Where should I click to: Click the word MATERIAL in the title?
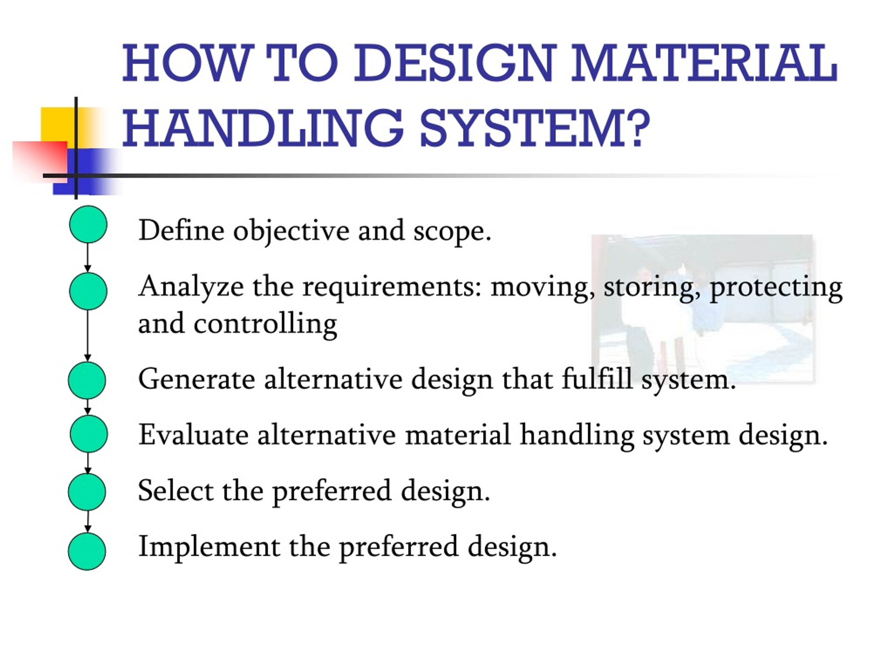pyautogui.click(x=705, y=63)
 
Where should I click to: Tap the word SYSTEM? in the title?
pyautogui.click(x=534, y=128)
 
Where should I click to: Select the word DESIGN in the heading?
pyautogui.click(x=455, y=63)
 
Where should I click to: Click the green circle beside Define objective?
pyautogui.click(x=88, y=224)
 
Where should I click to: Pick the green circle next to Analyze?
pyautogui.click(x=88, y=291)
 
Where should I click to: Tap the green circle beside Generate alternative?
pyautogui.click(x=87, y=380)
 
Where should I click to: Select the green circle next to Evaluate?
pyautogui.click(x=88, y=434)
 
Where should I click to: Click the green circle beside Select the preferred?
pyautogui.click(x=87, y=492)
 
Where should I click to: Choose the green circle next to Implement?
pyautogui.click(x=87, y=551)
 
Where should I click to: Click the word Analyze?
pyautogui.click(x=190, y=287)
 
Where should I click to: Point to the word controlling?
pyautogui.click(x=265, y=324)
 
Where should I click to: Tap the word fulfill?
pyautogui.click(x=597, y=379)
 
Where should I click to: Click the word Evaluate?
pyautogui.click(x=193, y=435)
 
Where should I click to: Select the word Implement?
pyautogui.click(x=209, y=546)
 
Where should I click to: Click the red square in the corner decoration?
pyautogui.click(x=38, y=159)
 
